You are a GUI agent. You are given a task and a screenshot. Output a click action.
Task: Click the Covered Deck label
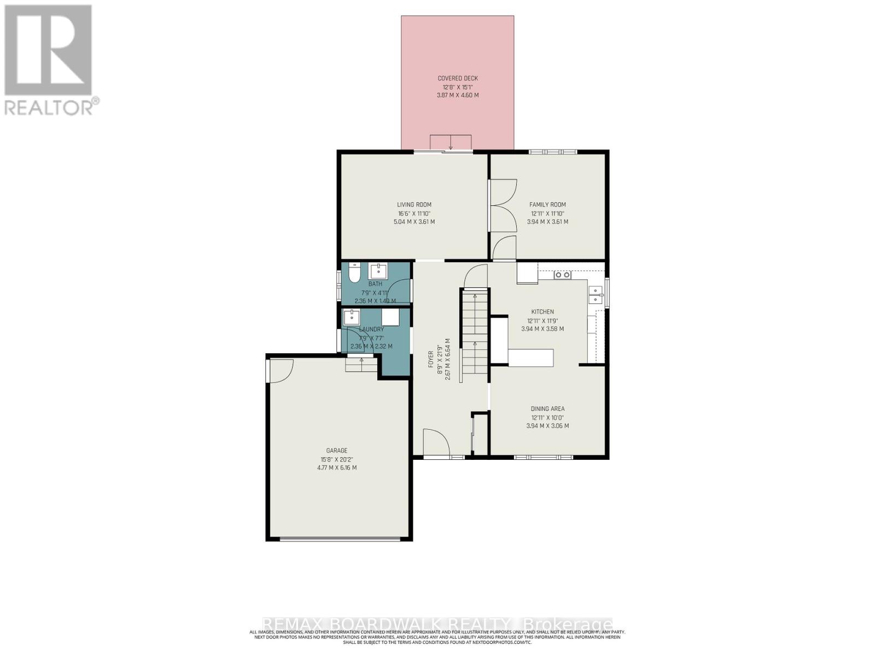(x=458, y=78)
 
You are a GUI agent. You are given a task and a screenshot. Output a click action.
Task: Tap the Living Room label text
(x=415, y=205)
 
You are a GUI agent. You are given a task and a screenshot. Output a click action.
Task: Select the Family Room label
(x=547, y=205)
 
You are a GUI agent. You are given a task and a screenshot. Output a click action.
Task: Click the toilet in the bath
(x=354, y=272)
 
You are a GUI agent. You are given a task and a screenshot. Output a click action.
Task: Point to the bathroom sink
(x=378, y=270)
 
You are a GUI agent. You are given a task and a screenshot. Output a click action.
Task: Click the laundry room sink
(x=351, y=316)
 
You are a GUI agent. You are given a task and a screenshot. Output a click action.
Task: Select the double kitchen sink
(x=595, y=295)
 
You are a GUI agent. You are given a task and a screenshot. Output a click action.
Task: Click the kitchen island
(x=530, y=358)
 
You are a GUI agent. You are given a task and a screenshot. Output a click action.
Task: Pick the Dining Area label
(x=547, y=408)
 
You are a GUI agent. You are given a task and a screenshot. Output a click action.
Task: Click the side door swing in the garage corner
(x=281, y=370)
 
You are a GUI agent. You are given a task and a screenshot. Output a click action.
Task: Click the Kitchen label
(x=542, y=312)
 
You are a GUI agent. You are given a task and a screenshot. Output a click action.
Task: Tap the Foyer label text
(x=430, y=362)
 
